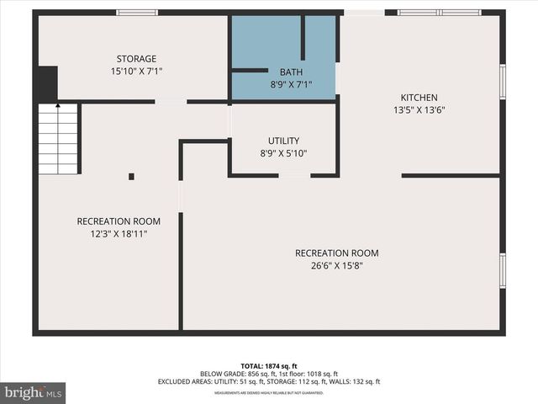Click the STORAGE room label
(x=136, y=59)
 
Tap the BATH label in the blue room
(x=291, y=72)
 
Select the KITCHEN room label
(x=419, y=98)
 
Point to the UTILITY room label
(x=283, y=141)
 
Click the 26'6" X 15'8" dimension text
(x=336, y=266)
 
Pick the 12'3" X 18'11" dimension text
(x=119, y=234)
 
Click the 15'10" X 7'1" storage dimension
(x=136, y=72)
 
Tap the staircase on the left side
(x=58, y=139)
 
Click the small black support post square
(x=131, y=177)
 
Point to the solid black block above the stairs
(x=45, y=84)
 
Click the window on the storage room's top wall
(x=136, y=13)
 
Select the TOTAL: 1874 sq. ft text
(x=269, y=366)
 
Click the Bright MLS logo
(x=33, y=392)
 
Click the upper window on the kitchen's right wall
(x=503, y=82)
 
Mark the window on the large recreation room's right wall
(x=503, y=270)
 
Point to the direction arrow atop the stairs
(x=57, y=107)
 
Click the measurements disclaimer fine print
(x=269, y=393)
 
